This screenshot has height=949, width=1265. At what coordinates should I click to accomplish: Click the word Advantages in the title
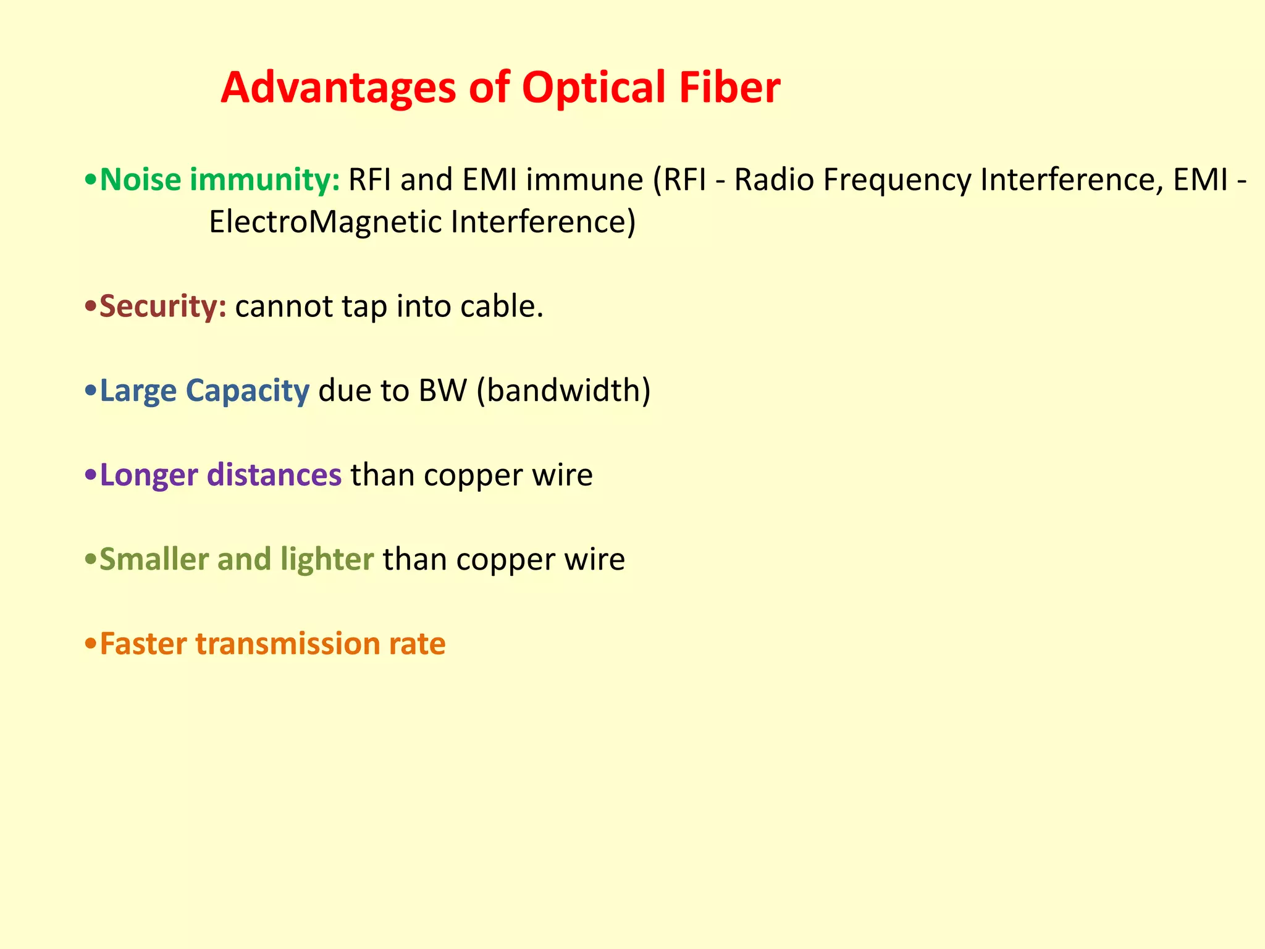pos(338,88)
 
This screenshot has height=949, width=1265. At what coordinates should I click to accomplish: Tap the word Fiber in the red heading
pos(729,88)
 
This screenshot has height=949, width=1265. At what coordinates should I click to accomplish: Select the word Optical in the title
pos(594,88)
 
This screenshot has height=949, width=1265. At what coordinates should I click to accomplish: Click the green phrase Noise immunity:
pos(220,180)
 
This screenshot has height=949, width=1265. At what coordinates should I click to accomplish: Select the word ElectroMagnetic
pos(326,222)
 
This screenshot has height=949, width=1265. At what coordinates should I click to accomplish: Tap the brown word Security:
pos(163,306)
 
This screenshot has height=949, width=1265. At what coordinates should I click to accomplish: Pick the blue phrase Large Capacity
pos(204,391)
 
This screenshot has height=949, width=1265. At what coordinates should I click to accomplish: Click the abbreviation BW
pos(442,390)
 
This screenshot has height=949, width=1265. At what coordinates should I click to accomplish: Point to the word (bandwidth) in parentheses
pos(563,391)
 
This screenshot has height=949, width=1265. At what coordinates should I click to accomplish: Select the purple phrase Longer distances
pos(221,475)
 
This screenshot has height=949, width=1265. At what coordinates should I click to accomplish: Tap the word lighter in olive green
pos(327,560)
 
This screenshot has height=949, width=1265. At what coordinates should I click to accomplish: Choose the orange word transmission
pos(288,644)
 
